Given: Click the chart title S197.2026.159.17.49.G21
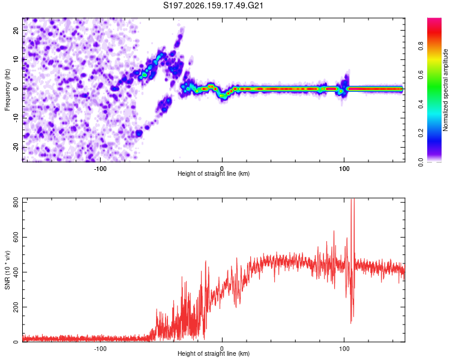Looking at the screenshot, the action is click(x=213, y=5).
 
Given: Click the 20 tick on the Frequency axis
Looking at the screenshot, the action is click(x=16, y=30).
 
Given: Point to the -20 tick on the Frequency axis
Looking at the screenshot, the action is click(x=16, y=147).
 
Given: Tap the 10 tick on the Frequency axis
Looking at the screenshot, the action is click(x=16, y=59).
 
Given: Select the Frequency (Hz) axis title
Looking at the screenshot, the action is click(x=7, y=89).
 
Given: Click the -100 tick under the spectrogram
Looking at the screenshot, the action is click(x=100, y=169).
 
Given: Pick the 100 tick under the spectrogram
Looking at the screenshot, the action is click(x=344, y=169).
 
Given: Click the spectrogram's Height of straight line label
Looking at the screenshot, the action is click(x=214, y=173).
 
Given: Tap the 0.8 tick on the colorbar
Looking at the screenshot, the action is click(x=421, y=46).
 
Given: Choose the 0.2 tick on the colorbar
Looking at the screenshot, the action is click(x=421, y=133).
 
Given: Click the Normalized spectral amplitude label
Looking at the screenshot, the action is click(x=445, y=90).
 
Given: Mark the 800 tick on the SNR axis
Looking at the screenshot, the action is click(x=16, y=203).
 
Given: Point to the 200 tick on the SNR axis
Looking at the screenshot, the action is click(x=16, y=308).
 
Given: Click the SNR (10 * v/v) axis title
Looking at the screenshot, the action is click(x=7, y=270).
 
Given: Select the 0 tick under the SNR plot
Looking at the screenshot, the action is click(x=222, y=349).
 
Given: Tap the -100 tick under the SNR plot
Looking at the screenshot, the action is click(x=100, y=349).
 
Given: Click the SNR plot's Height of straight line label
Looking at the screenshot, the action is click(x=214, y=353).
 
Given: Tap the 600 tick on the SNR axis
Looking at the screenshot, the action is click(x=16, y=238).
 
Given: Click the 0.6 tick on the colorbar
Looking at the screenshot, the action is click(x=421, y=75).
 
